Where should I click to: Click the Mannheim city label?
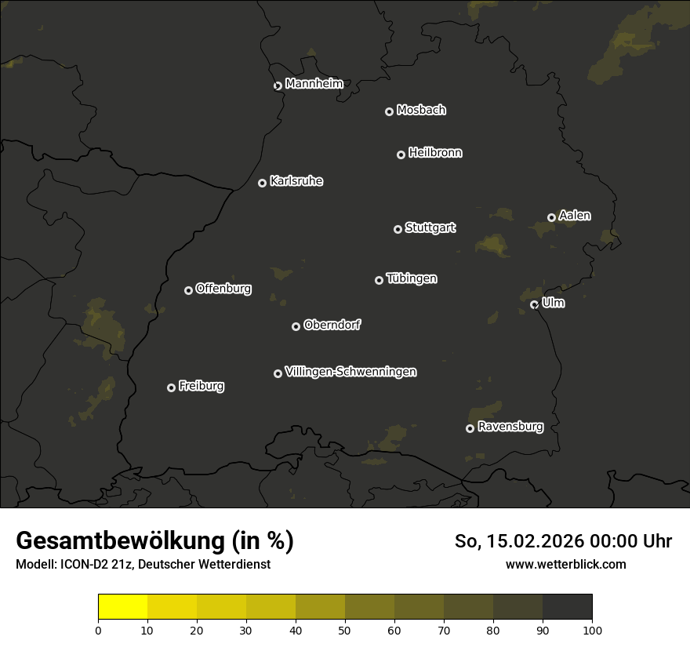pos(314,84)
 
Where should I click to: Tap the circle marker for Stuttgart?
pos(398,229)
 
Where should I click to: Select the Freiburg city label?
pos(201,386)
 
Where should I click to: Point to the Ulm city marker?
pos(534,304)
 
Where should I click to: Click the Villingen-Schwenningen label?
pos(350,372)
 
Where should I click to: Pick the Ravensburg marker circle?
pos(470,428)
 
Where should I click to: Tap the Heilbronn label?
pos(435,153)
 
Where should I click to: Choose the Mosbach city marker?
pos(389,111)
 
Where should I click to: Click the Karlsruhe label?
pos(296,181)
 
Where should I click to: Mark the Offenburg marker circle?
pos(188,290)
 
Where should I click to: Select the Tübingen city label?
pos(412,278)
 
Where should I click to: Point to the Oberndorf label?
pos(332,325)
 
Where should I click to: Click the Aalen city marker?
pos(551,217)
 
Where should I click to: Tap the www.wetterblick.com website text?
pos(565,565)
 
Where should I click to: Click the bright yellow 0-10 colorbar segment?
pos(122,607)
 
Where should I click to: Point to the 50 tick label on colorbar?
pos(345,630)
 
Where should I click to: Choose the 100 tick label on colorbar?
pos(592,630)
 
